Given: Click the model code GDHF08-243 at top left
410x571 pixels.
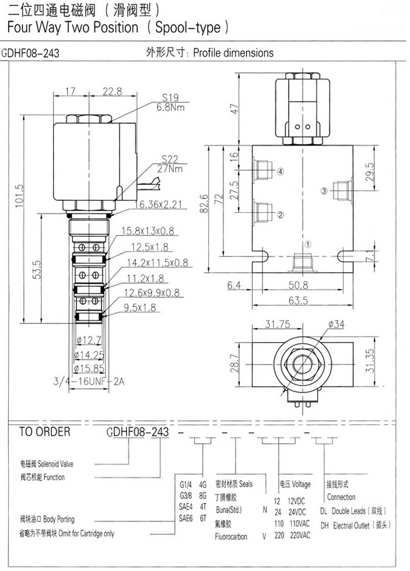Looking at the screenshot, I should coord(31,52).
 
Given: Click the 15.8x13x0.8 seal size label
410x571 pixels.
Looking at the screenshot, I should coord(147,231).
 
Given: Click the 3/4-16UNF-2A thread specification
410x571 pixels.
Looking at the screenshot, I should coord(89,382).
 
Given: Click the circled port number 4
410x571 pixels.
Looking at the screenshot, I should coord(281,171).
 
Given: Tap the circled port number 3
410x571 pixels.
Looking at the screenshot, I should coord(325,191).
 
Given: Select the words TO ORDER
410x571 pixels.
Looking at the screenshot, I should coord(45,432).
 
